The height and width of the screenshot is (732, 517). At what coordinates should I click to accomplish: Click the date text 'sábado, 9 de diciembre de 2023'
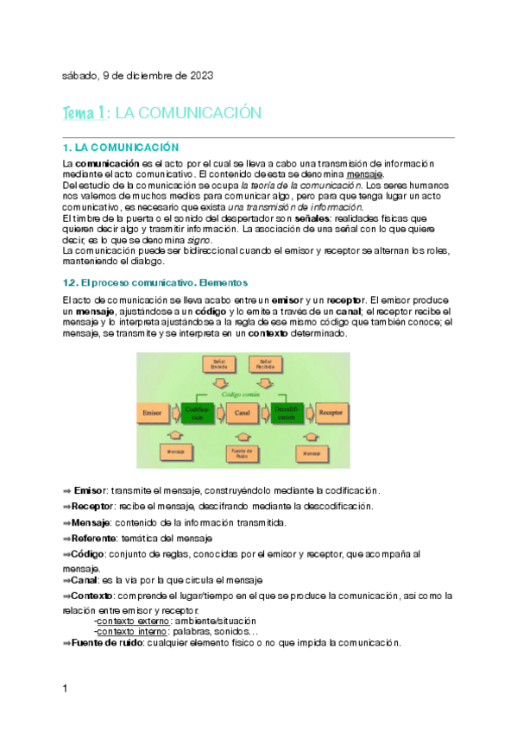point(137,76)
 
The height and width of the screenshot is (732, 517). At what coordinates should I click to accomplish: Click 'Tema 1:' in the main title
point(85,114)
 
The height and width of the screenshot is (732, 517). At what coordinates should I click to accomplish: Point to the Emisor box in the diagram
point(154,413)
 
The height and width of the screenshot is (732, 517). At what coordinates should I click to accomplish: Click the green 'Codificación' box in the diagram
point(198,413)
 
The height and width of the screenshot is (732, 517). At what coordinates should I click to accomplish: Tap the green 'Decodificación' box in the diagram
point(286,413)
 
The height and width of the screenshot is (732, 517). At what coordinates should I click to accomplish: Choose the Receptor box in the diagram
point(331,413)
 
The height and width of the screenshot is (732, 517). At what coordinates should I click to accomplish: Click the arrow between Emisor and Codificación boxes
point(174,413)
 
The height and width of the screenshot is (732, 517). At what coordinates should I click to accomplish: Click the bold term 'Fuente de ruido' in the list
point(106,643)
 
